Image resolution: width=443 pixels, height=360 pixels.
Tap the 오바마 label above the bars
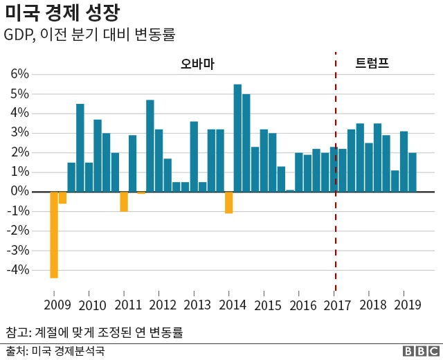pyautogui.click(x=197, y=64)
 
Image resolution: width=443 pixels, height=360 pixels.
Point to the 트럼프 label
pyautogui.click(x=372, y=64)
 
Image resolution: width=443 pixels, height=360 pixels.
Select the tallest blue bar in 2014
pyautogui.click(x=237, y=138)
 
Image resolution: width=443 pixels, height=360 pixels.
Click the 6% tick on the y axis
pyautogui.click(x=19, y=74)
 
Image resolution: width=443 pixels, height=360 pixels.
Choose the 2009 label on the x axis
pyautogui.click(x=57, y=305)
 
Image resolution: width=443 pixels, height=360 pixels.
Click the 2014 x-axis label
pyautogui.click(x=233, y=305)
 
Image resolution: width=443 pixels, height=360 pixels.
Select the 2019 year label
pyautogui.click(x=408, y=305)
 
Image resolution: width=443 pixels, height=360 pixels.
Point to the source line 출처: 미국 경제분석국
pyautogui.click(x=55, y=351)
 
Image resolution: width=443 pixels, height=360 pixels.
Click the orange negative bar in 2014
pyautogui.click(x=229, y=202)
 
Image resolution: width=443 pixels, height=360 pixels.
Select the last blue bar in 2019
pyautogui.click(x=413, y=172)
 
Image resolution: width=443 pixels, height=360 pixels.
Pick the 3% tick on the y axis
pyautogui.click(x=19, y=133)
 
